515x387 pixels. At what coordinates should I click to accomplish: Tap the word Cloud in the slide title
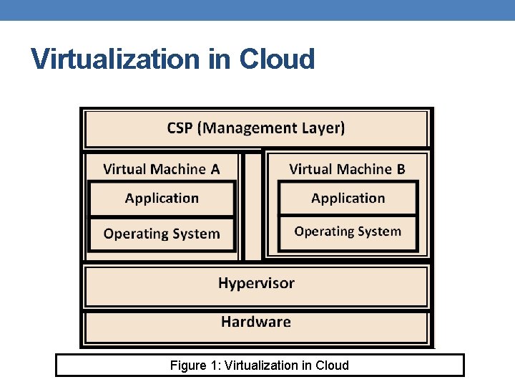[x=277, y=59]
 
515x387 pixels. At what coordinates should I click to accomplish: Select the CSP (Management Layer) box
[x=256, y=128]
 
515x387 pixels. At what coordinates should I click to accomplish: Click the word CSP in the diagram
[x=181, y=128]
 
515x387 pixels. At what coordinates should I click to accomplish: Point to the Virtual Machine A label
[x=161, y=169]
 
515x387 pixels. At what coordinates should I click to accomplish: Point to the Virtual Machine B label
[x=347, y=169]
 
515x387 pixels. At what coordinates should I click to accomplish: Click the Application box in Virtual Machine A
[x=162, y=199]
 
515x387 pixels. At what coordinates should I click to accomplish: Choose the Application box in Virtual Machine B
[x=348, y=199]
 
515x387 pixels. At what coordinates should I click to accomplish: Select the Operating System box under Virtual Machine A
[x=162, y=234]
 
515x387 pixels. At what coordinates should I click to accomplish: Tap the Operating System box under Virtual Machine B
[x=348, y=232]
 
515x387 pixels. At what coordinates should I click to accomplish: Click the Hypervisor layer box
[x=256, y=284]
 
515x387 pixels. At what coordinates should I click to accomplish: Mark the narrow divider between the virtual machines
[x=252, y=206]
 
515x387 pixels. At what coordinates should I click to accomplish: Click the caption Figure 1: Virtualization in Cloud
[x=260, y=365]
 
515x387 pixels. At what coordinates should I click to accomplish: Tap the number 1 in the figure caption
[x=215, y=365]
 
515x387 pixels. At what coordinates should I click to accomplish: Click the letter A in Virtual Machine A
[x=215, y=169]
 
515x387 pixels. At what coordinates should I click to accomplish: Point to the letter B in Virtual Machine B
[x=401, y=169]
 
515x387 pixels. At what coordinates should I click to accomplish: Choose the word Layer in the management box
[x=322, y=128]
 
